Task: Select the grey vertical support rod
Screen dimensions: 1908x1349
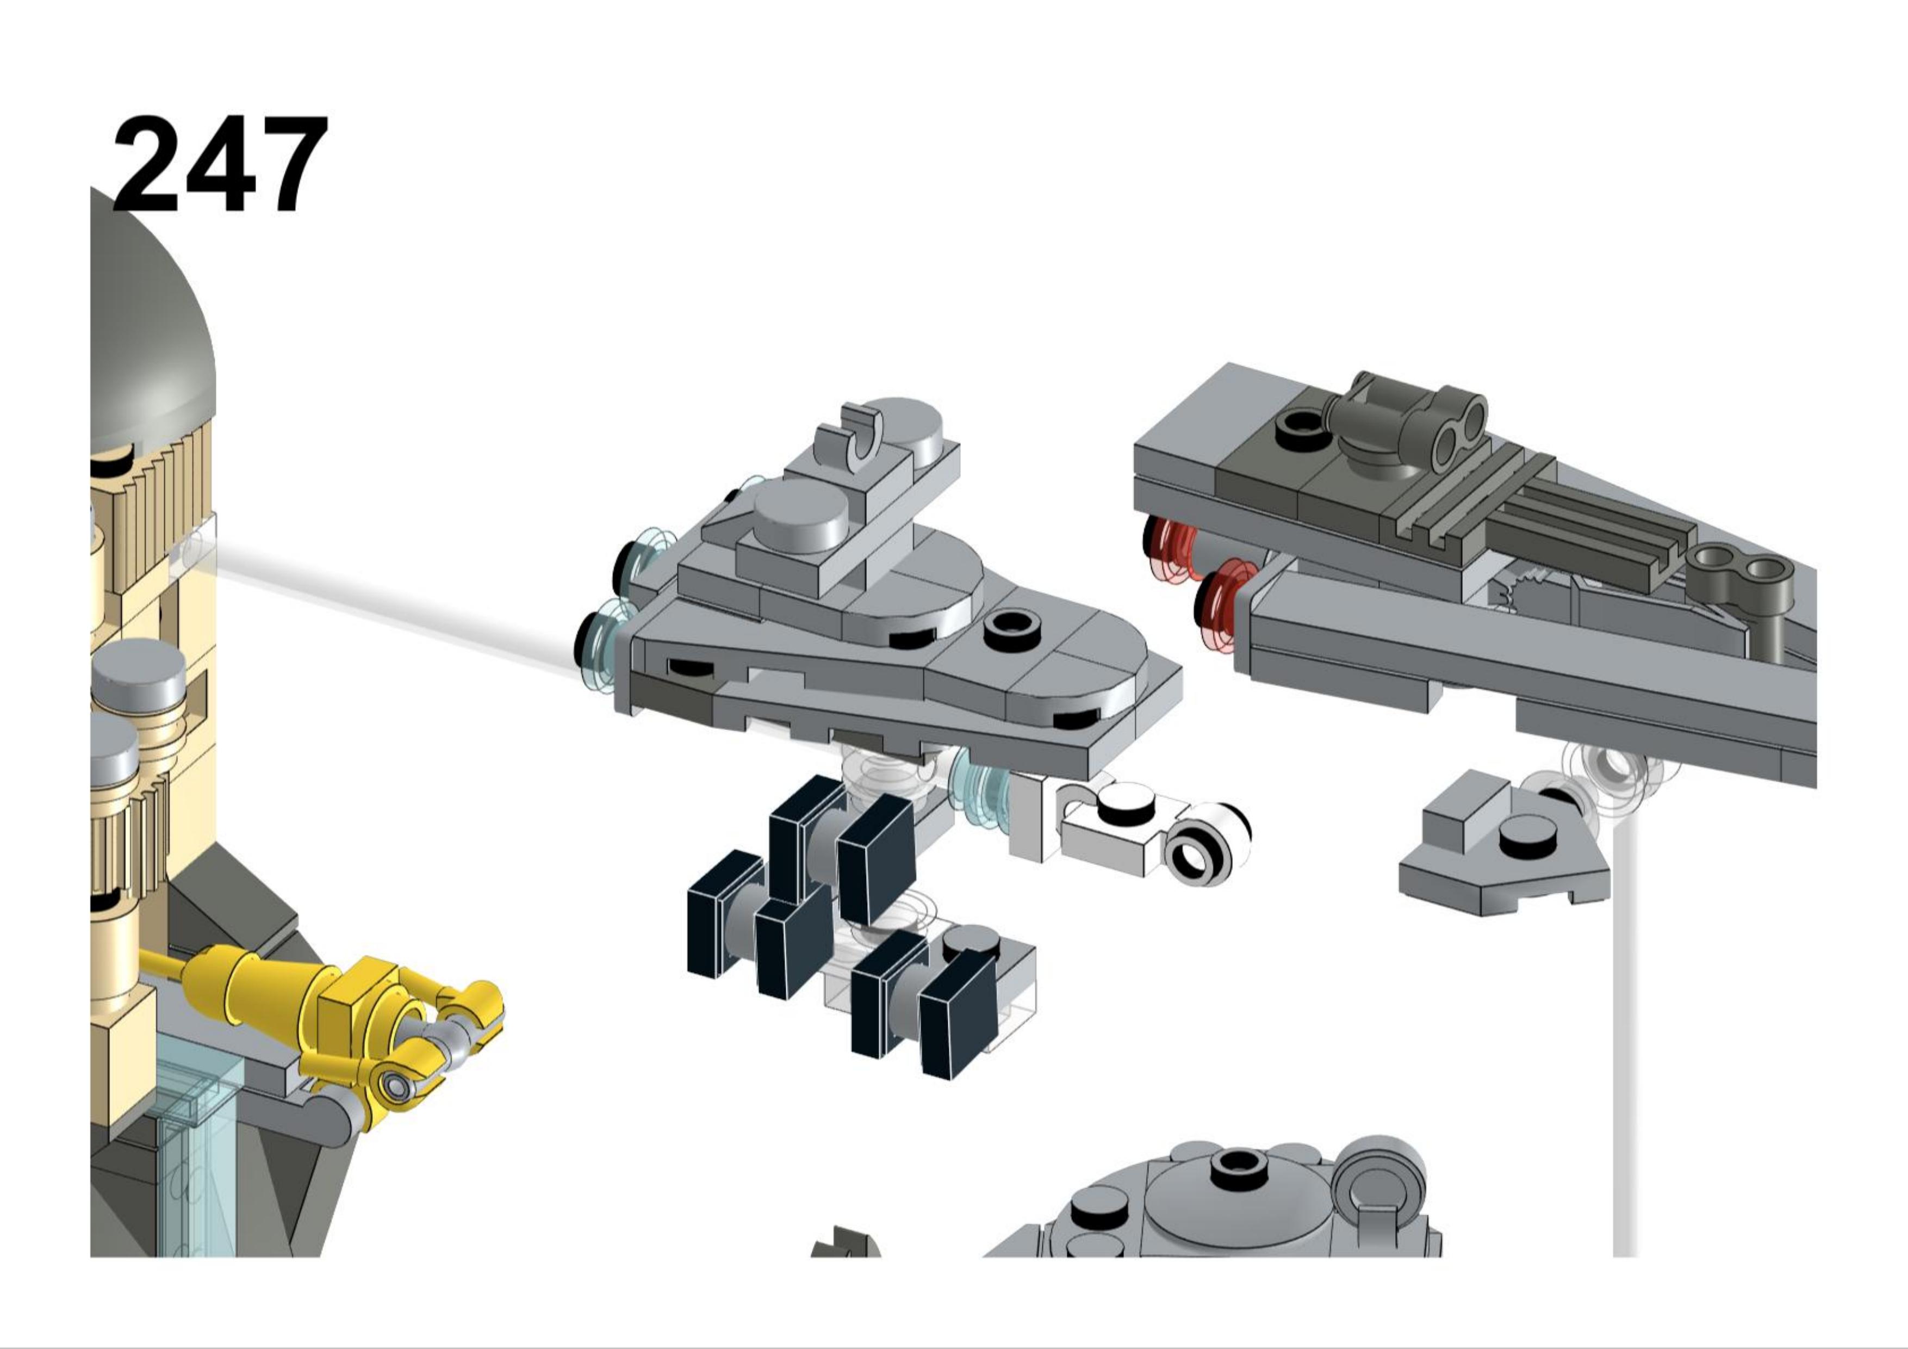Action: tap(1625, 1039)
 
